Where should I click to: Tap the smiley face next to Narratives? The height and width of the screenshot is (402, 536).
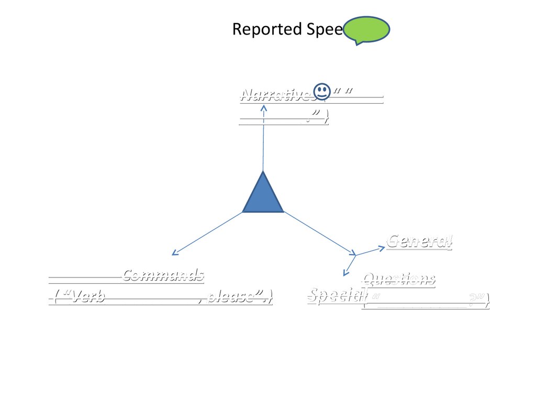[322, 92]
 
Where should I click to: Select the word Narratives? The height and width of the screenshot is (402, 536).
[276, 95]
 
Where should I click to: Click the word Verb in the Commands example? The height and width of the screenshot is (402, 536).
[89, 297]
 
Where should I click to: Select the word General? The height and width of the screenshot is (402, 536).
[419, 241]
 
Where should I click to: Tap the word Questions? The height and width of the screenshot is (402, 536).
[399, 279]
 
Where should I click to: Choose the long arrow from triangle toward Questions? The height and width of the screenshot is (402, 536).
[319, 233]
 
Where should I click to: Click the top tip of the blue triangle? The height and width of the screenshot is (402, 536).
[263, 173]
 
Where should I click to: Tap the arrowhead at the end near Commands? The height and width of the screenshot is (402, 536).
[174, 253]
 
